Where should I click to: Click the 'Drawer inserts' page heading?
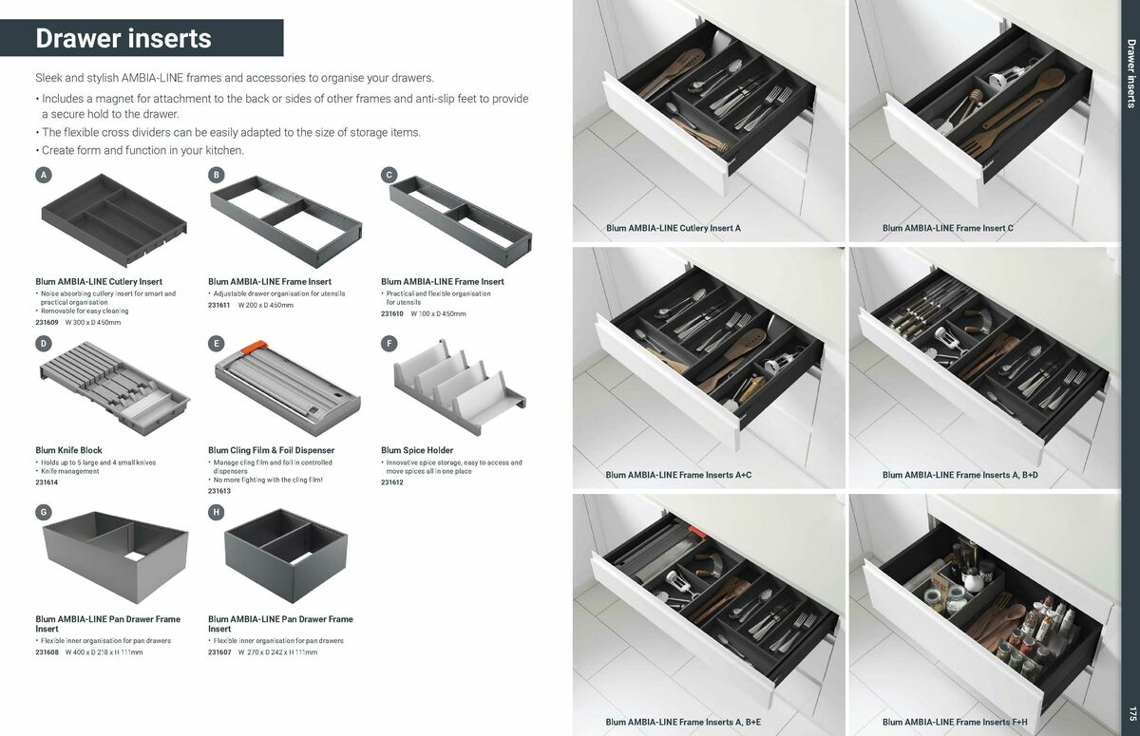point(123,39)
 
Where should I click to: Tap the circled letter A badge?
point(43,175)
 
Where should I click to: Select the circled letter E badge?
point(217,343)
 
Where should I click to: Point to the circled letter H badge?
point(217,512)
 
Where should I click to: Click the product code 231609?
point(47,323)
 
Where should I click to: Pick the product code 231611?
point(219,305)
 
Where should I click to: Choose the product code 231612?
point(392,482)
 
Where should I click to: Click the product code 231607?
point(219,652)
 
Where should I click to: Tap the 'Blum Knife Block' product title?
point(68,450)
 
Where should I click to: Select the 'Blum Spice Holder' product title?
point(417,450)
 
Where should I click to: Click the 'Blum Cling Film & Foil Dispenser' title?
point(271,450)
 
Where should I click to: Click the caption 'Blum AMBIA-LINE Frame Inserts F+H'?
point(955,722)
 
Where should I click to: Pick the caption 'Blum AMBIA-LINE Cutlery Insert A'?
point(673,229)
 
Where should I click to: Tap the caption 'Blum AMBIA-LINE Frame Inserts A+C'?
point(678,475)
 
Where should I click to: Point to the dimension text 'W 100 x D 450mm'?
point(438,313)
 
